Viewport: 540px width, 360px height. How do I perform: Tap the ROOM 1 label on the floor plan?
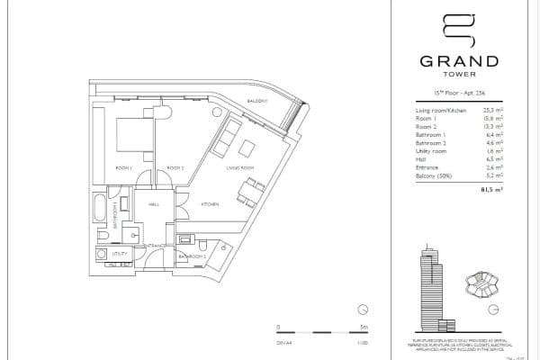coord(124,168)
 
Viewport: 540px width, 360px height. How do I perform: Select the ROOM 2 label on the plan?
coord(175,168)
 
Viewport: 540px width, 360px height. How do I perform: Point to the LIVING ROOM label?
coord(224,168)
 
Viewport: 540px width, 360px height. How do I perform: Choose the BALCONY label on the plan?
coord(256,101)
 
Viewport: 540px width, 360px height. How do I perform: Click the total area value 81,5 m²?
coord(490,191)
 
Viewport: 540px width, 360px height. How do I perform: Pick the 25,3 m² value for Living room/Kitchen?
coord(490,107)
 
